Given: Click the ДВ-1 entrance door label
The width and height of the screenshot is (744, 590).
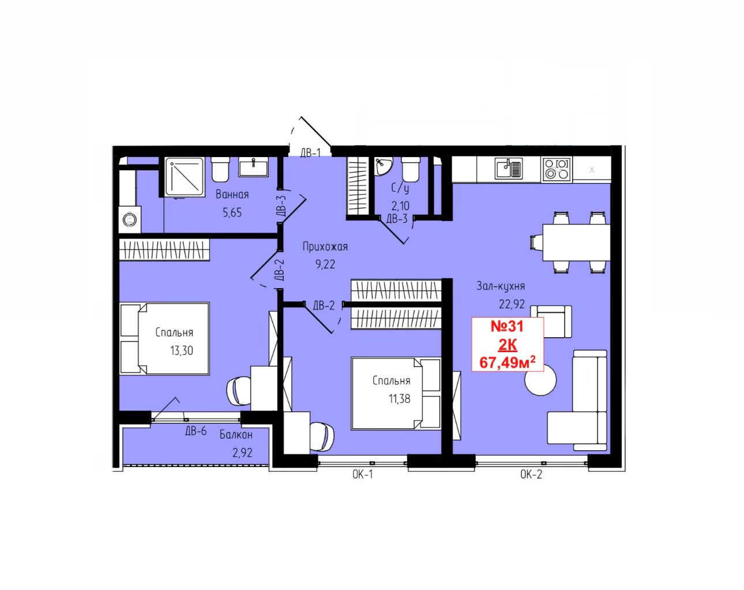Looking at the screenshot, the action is click(x=310, y=153).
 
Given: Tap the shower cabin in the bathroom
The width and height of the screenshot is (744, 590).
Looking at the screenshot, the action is click(x=185, y=177).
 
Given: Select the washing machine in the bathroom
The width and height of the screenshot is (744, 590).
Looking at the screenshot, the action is click(x=130, y=219).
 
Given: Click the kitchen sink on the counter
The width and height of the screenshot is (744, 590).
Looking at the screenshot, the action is click(x=509, y=168).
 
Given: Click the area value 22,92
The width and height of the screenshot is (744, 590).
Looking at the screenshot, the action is click(x=512, y=304).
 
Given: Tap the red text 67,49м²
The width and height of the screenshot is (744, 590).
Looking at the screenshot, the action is click(x=507, y=363).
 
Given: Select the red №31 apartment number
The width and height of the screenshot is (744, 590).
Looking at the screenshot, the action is click(x=507, y=326).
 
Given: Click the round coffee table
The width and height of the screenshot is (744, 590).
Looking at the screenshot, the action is click(x=540, y=380).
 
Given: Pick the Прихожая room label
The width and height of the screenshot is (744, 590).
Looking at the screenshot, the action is click(x=325, y=247).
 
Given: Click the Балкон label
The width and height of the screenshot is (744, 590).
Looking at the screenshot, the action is click(x=236, y=435).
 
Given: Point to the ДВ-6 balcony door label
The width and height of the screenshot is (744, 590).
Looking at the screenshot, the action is click(x=196, y=431).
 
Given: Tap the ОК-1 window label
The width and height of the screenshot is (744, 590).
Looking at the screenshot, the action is click(x=363, y=475).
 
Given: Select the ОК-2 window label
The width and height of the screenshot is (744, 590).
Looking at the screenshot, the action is click(x=531, y=475).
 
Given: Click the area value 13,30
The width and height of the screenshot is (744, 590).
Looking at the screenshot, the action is click(x=182, y=350).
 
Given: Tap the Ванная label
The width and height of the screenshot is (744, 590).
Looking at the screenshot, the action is click(x=232, y=195).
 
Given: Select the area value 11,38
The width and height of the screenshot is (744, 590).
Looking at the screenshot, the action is click(x=400, y=399).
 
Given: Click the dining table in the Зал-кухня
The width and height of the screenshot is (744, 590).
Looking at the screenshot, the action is click(x=576, y=242).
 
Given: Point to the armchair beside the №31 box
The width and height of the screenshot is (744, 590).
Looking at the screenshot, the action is click(x=551, y=322).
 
